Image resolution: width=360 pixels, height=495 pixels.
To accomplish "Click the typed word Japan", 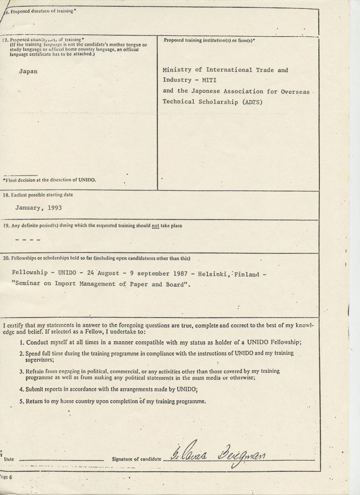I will coord(28,71).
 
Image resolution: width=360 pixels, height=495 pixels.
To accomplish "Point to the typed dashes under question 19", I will coord(28,240).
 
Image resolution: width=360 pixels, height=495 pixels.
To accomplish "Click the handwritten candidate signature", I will coord(220,455).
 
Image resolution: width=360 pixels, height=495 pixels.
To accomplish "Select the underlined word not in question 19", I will coord(156,226).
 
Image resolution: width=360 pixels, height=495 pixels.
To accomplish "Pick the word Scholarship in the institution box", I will coord(215,102).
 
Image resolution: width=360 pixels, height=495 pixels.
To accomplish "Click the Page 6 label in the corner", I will coord(7,477).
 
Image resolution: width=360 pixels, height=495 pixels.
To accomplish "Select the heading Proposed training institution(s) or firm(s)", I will coord(209,40).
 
